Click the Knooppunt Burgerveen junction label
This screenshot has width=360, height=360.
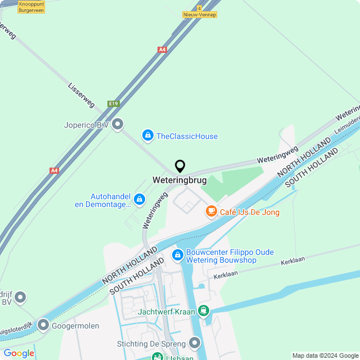[x=31, y=7]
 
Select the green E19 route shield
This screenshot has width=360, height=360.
[x=114, y=104]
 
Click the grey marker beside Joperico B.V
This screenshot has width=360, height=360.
[x=118, y=124]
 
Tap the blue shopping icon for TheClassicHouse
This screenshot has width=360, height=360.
[x=147, y=136]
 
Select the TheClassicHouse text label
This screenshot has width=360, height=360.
[x=187, y=136]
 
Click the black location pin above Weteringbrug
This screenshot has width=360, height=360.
[x=180, y=166]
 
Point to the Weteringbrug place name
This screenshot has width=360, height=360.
[x=179, y=181]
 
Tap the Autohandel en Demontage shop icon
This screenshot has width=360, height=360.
[x=139, y=199]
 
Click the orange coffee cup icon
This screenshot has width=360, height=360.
[x=211, y=211]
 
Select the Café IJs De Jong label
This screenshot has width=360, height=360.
[x=249, y=212]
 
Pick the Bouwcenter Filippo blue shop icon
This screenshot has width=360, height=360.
[x=178, y=255]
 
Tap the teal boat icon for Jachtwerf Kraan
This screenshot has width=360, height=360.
[x=203, y=311]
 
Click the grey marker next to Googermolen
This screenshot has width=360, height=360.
[x=43, y=325]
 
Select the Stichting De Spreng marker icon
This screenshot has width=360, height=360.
[x=195, y=343]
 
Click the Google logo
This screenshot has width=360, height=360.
[x=19, y=353]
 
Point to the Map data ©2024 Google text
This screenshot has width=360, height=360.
[x=325, y=355]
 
